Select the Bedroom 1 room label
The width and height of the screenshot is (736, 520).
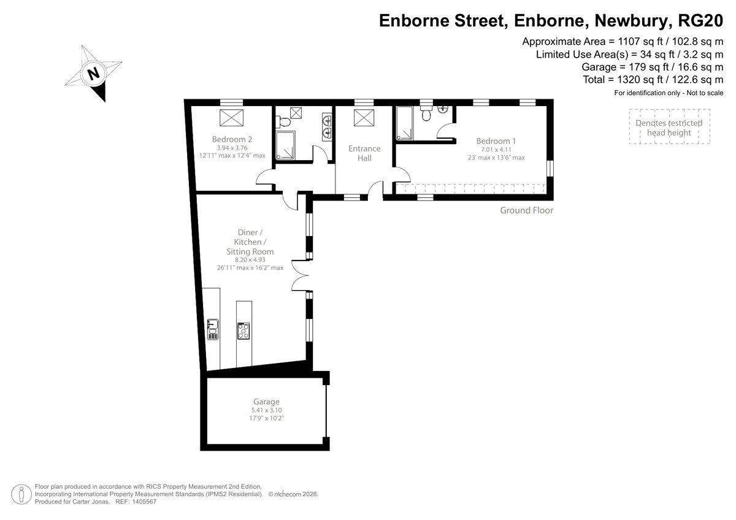(496, 141)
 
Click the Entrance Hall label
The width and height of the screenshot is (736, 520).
(364, 153)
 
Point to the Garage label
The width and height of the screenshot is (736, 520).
(266, 402)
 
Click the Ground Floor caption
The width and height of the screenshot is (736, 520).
(526, 210)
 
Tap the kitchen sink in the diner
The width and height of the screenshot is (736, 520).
(213, 329)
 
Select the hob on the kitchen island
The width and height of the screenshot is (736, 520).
(243, 331)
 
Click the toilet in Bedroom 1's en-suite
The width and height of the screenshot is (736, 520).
(426, 113)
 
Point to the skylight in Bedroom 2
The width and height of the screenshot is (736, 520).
(231, 118)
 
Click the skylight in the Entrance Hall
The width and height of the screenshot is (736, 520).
(364, 118)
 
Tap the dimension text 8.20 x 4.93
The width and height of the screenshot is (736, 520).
(250, 260)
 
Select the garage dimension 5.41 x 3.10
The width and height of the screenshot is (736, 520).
(266, 410)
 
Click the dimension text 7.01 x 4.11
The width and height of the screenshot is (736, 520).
(496, 150)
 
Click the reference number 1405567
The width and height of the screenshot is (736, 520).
(144, 502)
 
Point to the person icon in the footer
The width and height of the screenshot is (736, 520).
(21, 494)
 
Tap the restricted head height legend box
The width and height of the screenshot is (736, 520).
(669, 126)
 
